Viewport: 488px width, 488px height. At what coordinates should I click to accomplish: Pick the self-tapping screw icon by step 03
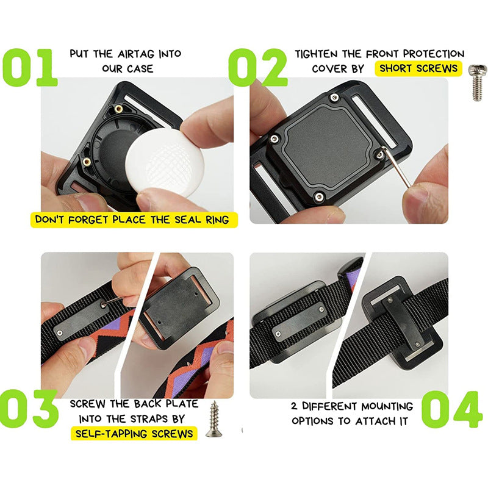click(x=213, y=419)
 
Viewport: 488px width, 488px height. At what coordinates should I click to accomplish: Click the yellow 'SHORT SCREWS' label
click(x=418, y=68)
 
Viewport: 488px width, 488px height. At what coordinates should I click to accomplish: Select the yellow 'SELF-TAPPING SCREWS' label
click(x=135, y=434)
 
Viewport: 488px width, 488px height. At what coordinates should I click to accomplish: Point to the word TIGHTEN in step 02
click(x=318, y=54)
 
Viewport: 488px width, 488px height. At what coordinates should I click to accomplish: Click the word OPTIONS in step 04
click(x=315, y=421)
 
